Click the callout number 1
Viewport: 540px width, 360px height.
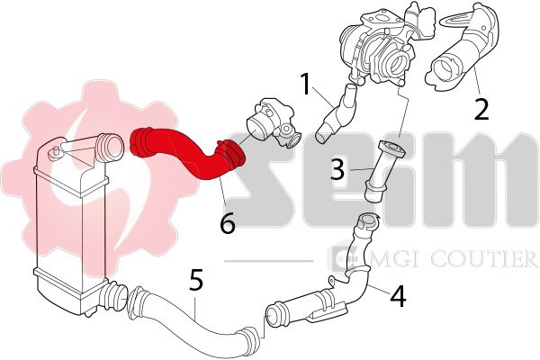point(305,84)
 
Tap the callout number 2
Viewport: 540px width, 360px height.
point(481,109)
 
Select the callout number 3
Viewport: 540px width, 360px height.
point(337,169)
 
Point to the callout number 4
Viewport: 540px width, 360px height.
point(398,296)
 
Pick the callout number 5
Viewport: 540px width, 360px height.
point(196,279)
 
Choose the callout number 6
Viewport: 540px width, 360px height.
point(228,223)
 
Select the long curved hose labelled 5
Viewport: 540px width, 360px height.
point(193,313)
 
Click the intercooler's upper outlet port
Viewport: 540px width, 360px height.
point(109,148)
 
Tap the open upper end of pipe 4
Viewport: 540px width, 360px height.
point(367,221)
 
